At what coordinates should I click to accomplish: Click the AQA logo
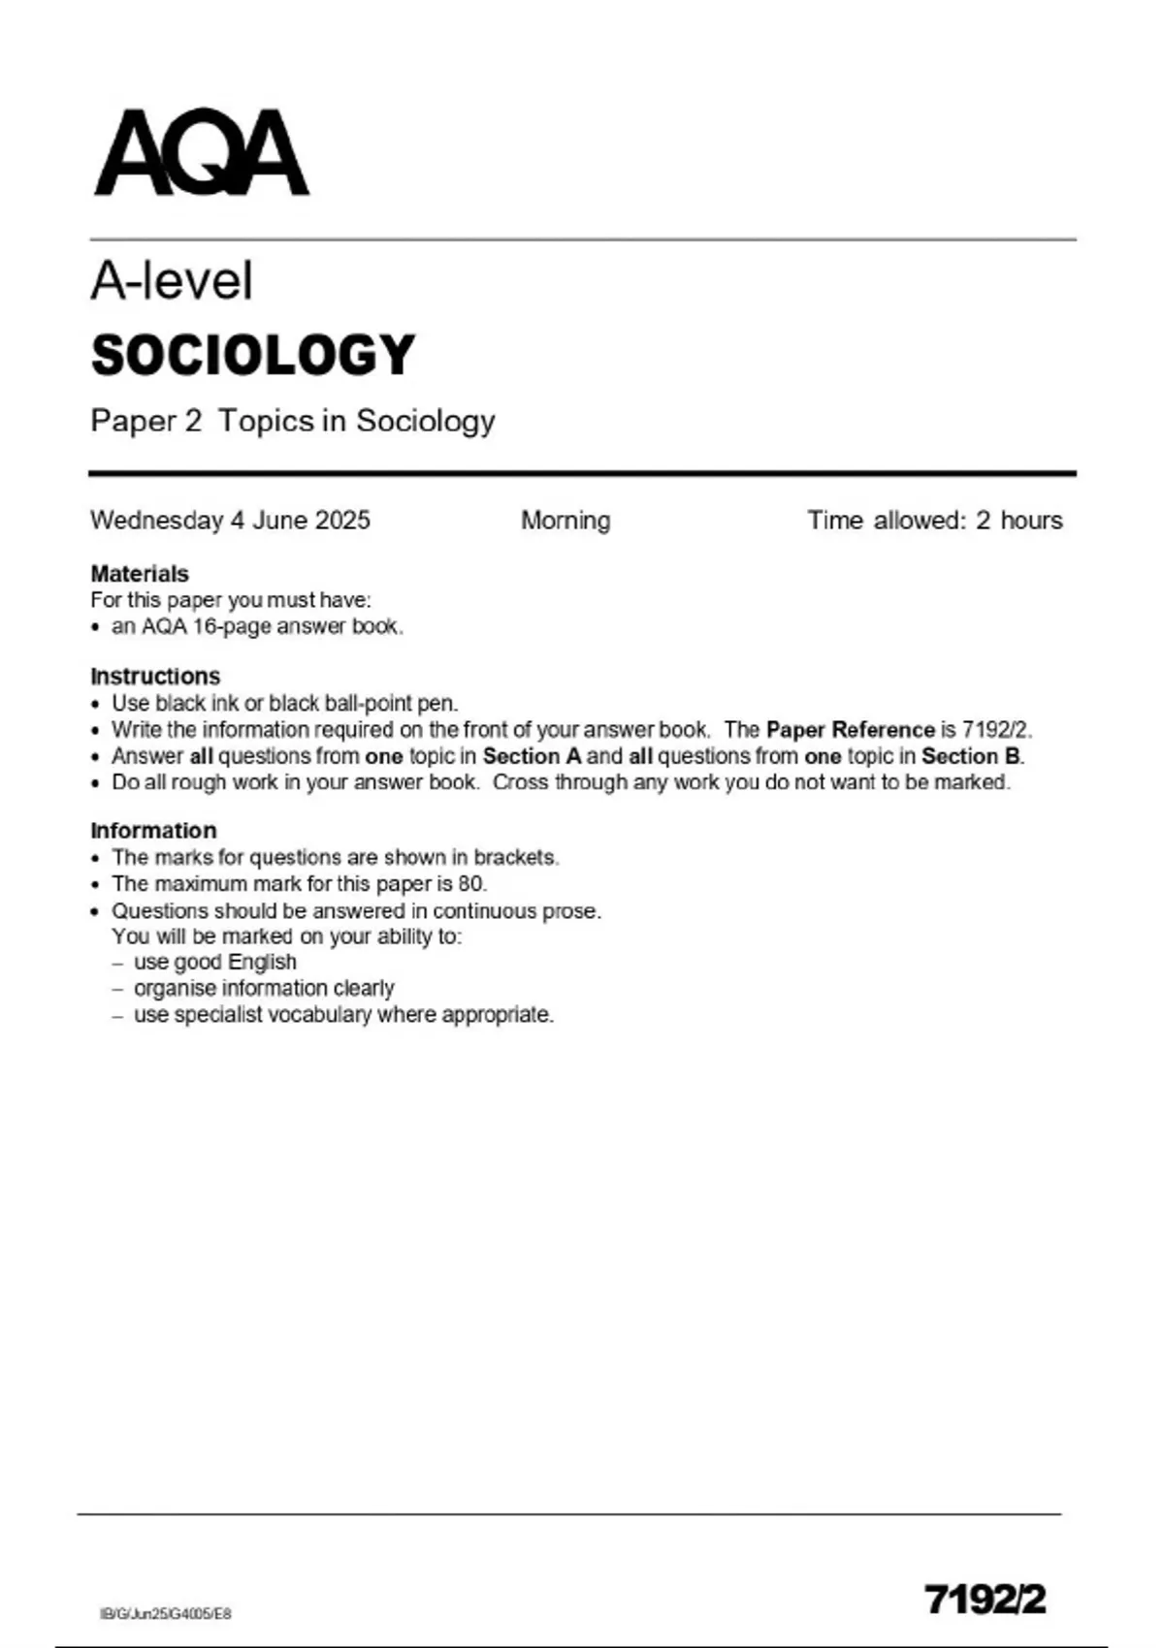point(201,153)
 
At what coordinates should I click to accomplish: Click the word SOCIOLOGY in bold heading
point(253,355)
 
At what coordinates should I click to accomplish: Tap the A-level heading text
point(172,281)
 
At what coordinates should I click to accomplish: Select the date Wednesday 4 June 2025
point(230,521)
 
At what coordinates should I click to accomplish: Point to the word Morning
point(566,521)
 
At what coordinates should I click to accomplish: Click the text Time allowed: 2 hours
point(935,521)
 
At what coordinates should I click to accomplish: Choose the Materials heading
point(140,574)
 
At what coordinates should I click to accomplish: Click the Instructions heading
point(155,676)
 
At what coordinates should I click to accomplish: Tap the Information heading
point(153,831)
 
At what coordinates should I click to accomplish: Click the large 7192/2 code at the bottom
point(986,1600)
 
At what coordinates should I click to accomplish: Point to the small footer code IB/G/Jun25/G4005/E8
point(166,1614)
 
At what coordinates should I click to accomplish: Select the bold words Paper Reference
point(850,730)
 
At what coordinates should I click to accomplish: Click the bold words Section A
point(532,756)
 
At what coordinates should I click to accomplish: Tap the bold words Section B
point(971,756)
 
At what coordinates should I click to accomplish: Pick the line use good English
point(214,963)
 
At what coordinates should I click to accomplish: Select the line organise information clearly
point(264,989)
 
